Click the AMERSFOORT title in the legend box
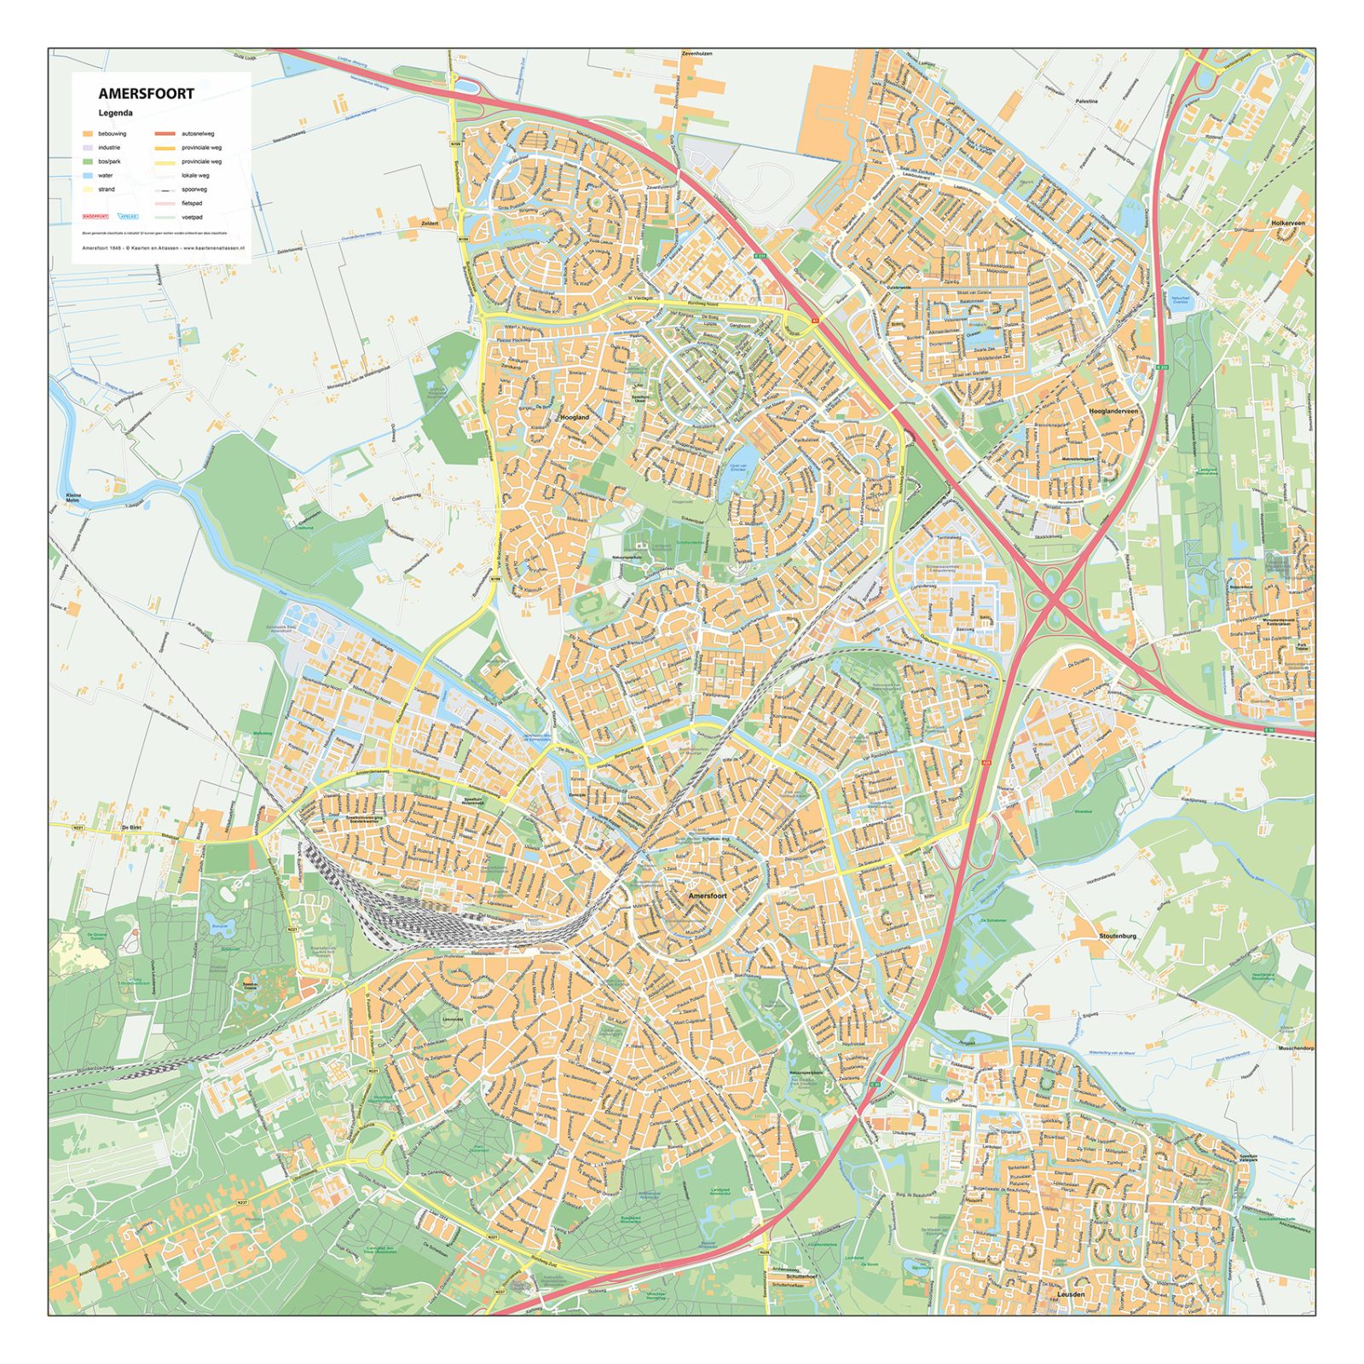[x=146, y=94]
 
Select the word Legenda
[x=115, y=113]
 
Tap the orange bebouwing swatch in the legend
[x=87, y=134]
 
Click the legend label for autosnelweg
[x=198, y=134]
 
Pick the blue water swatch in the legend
[x=87, y=176]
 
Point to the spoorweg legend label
[x=194, y=189]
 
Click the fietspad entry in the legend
[x=192, y=203]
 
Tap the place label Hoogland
[x=575, y=418]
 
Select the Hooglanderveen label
[x=1113, y=411]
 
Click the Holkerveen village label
[x=1287, y=223]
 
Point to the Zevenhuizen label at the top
[x=696, y=54]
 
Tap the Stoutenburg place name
[x=1118, y=936]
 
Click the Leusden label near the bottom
[x=1071, y=1294]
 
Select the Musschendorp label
[x=1296, y=1048]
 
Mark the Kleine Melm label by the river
[x=74, y=497]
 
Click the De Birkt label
[x=130, y=828]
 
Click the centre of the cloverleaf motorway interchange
[x=1056, y=598]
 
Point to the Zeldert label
[x=430, y=223]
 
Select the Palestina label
[x=1086, y=101]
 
